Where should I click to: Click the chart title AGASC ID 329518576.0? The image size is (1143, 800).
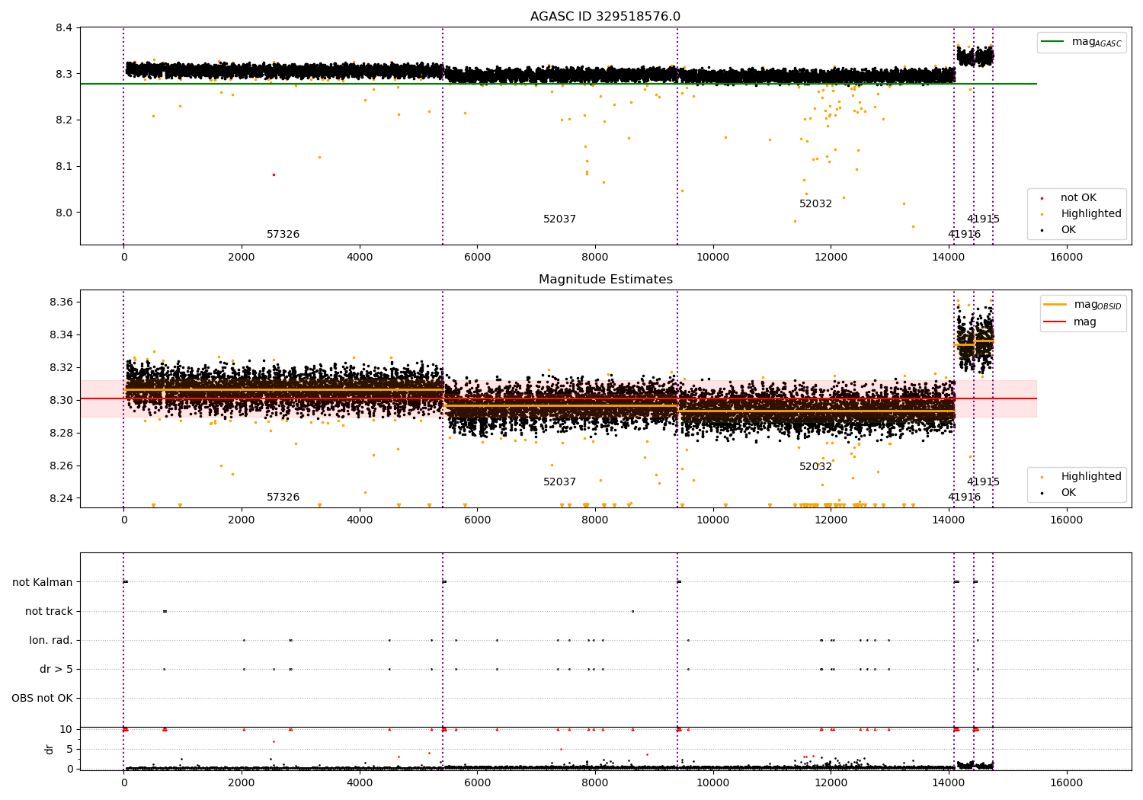click(605, 17)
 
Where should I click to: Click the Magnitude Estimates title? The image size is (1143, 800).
click(605, 280)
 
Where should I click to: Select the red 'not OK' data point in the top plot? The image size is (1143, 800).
click(274, 174)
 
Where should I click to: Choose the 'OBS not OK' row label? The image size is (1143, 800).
click(42, 698)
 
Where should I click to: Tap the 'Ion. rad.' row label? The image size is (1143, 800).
click(51, 640)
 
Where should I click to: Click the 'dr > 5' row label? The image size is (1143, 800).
click(56, 669)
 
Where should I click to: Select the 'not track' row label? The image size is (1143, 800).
click(49, 611)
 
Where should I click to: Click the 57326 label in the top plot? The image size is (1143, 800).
click(283, 235)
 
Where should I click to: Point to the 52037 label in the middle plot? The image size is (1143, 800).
click(559, 482)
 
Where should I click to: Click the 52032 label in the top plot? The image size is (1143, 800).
click(815, 204)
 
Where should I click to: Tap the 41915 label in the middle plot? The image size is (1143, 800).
click(983, 482)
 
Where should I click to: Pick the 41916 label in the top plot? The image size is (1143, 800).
click(964, 235)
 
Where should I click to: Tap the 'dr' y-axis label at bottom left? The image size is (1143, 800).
click(50, 749)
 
